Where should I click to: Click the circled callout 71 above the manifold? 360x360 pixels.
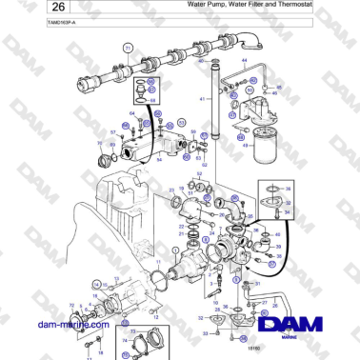pyautogui.click(x=127, y=47)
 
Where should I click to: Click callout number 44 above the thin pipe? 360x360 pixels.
pyautogui.click(x=244, y=61)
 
